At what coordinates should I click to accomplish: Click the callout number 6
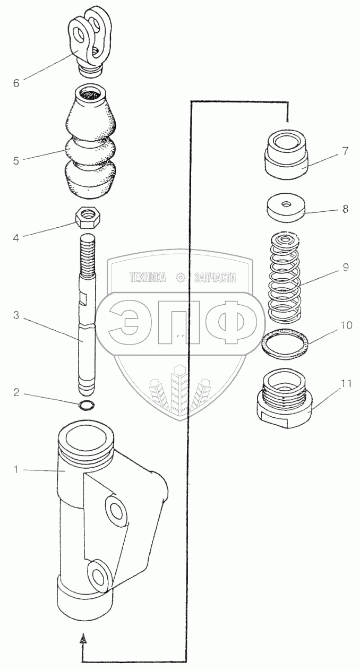(x=16, y=83)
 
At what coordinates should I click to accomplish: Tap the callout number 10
(x=346, y=325)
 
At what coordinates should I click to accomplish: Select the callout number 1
(x=16, y=469)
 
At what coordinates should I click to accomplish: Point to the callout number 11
(x=346, y=384)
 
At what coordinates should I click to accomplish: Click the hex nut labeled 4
(x=89, y=216)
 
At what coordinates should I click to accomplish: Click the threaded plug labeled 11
(x=286, y=401)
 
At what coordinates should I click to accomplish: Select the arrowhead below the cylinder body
(x=82, y=640)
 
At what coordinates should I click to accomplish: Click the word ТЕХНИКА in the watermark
(x=148, y=277)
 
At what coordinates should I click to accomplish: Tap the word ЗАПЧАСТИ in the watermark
(x=215, y=277)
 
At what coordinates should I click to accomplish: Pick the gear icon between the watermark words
(x=180, y=277)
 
